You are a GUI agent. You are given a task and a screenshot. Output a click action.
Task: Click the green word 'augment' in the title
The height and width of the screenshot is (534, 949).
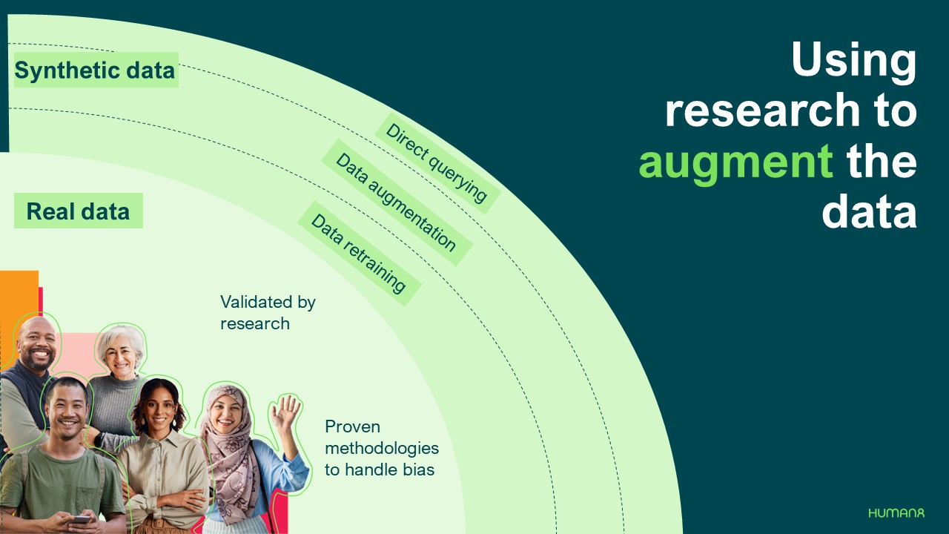coord(735,162)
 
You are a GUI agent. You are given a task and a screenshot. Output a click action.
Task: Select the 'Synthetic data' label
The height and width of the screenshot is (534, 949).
coord(95,70)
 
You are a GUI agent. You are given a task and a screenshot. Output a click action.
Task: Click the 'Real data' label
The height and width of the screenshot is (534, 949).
coord(78,211)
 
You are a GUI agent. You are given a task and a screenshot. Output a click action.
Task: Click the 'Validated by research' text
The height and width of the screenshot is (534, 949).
coord(268,312)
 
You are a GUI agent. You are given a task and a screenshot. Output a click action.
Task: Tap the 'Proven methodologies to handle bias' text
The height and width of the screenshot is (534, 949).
coord(381,448)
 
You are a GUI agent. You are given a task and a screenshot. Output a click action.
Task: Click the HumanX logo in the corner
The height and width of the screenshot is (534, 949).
coord(896,512)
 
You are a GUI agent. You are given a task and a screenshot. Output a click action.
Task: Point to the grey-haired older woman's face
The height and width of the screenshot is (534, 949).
coord(121,357)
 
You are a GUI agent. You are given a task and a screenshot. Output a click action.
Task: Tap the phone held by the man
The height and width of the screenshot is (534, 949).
coord(79,520)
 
